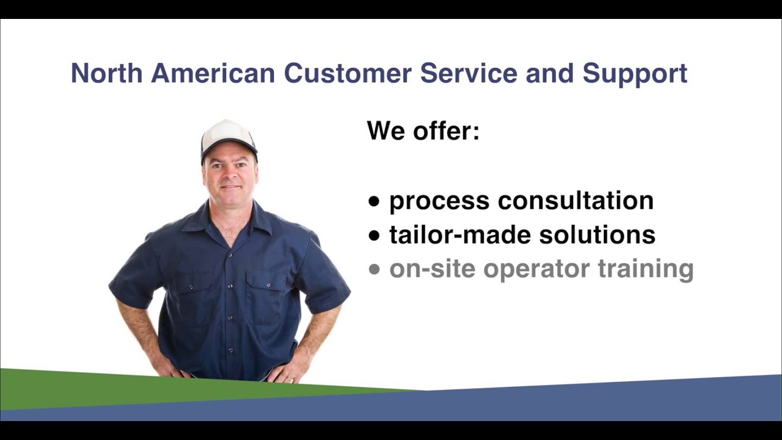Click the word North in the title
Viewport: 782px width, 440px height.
[106, 73]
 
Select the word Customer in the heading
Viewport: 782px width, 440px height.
[347, 73]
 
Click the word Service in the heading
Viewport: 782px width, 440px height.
[468, 73]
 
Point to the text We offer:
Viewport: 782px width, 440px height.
[423, 131]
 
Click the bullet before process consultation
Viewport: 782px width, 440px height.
[375, 202]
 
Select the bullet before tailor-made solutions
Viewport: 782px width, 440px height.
[375, 236]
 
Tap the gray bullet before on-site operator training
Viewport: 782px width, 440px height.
[375, 269]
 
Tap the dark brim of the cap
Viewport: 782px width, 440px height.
[230, 147]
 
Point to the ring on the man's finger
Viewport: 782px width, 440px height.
[290, 380]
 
